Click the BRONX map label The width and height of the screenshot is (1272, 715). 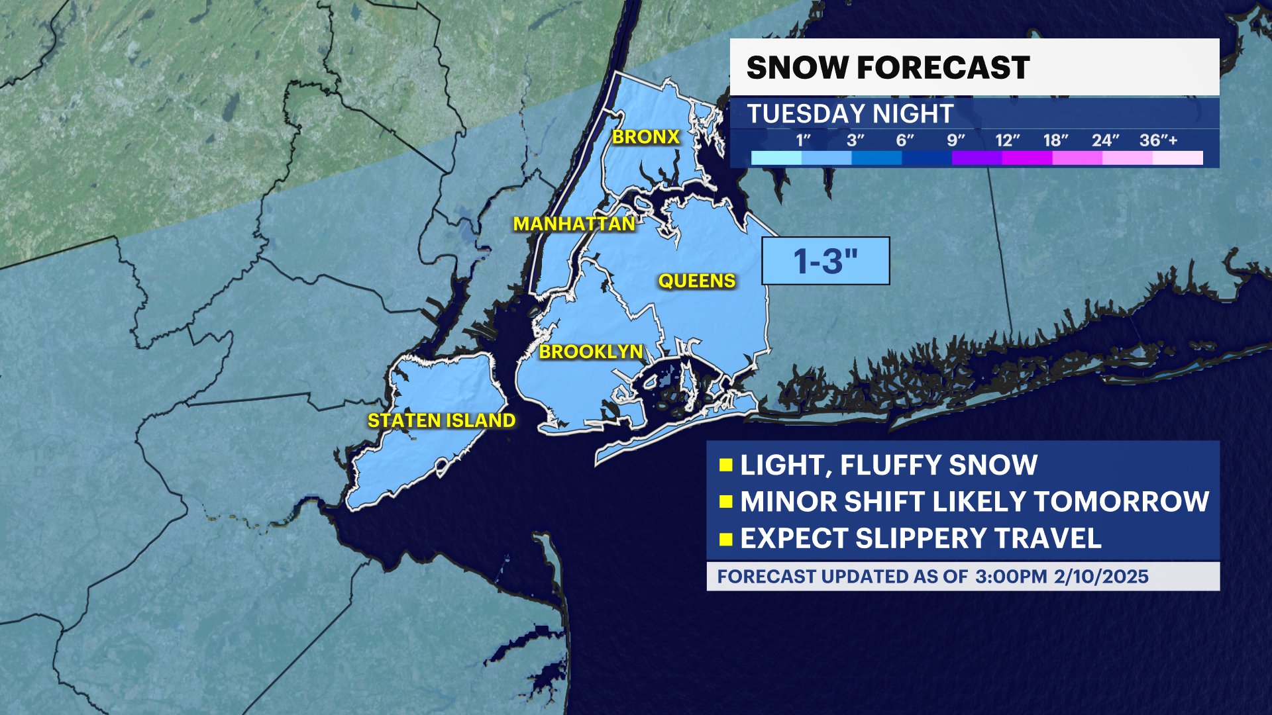(646, 137)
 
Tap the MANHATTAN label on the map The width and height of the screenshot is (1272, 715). (574, 224)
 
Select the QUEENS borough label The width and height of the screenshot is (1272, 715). (696, 281)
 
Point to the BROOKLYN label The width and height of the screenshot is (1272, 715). (591, 352)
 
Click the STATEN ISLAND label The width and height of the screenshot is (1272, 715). (441, 420)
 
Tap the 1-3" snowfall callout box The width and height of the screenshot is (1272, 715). (825, 261)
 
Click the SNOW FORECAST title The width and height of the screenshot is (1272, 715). (888, 68)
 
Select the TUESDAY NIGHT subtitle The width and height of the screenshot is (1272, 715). (850, 114)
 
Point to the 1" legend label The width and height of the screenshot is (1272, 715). (803, 140)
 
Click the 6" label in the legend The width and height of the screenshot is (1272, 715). (905, 140)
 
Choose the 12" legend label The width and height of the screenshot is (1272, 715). (1007, 140)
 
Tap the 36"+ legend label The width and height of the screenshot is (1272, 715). (1159, 140)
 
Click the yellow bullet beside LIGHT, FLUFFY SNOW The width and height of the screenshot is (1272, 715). (725, 465)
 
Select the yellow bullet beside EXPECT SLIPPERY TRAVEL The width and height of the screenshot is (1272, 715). (725, 538)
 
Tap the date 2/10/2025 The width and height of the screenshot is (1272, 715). (1101, 577)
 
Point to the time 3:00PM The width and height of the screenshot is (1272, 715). (1011, 577)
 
